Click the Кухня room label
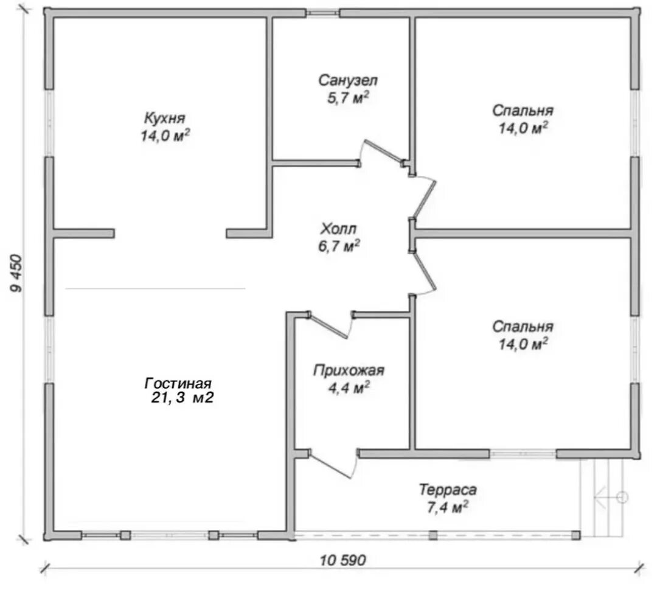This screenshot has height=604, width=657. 164,118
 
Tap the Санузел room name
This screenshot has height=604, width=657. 348,80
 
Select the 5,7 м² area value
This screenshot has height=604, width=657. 348,98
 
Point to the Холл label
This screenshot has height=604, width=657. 339,229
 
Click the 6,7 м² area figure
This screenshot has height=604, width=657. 339,246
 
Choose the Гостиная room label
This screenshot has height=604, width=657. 178,383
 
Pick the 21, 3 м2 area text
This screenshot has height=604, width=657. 182,398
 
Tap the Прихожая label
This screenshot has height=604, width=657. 349,370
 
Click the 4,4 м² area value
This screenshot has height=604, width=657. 349,388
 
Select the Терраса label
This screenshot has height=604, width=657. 448,489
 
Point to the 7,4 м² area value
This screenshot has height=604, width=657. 448,507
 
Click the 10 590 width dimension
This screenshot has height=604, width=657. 342,560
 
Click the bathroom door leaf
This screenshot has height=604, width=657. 383,151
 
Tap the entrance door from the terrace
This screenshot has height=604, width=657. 332,465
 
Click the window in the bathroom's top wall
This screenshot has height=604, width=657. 322,13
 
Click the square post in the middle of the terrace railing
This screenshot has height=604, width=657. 433,535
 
